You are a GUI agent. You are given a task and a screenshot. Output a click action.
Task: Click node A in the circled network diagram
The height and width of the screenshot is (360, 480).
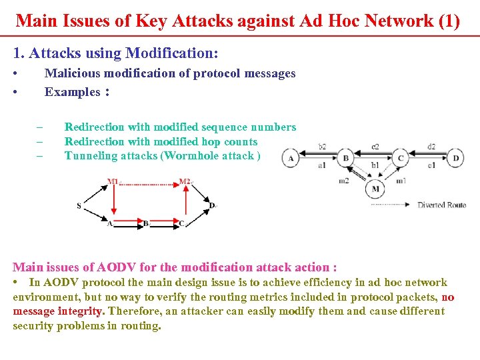[290, 159]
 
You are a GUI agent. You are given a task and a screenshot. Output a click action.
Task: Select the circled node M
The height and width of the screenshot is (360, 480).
[376, 189]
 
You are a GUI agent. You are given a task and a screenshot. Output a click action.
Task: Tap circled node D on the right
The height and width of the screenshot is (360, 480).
[455, 159]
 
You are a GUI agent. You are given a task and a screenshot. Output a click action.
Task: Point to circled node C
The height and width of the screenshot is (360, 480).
[401, 159]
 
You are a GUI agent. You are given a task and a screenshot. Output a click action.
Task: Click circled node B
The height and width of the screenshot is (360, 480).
[345, 159]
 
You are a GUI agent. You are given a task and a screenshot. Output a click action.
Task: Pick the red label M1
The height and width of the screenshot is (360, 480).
[113, 181]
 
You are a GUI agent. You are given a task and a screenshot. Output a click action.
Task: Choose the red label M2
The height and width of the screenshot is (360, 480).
[185, 181]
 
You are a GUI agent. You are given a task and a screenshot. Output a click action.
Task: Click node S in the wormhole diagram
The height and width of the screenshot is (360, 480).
[79, 206]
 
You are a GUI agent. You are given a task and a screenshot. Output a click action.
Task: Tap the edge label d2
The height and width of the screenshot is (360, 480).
[431, 147]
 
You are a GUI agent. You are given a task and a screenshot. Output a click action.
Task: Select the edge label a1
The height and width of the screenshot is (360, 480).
[322, 165]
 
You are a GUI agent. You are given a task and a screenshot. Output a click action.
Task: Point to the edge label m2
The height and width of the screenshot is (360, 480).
[344, 180]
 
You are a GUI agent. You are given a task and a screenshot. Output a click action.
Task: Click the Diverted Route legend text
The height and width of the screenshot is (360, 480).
[441, 205]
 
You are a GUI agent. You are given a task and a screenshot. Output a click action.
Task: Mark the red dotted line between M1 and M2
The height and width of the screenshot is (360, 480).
[149, 183]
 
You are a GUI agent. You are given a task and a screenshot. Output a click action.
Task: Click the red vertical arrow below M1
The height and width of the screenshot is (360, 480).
[114, 203]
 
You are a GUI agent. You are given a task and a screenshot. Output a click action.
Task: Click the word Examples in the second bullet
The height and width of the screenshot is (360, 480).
[72, 92]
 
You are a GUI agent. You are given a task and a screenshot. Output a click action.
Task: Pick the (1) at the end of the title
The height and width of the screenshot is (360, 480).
[449, 21]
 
